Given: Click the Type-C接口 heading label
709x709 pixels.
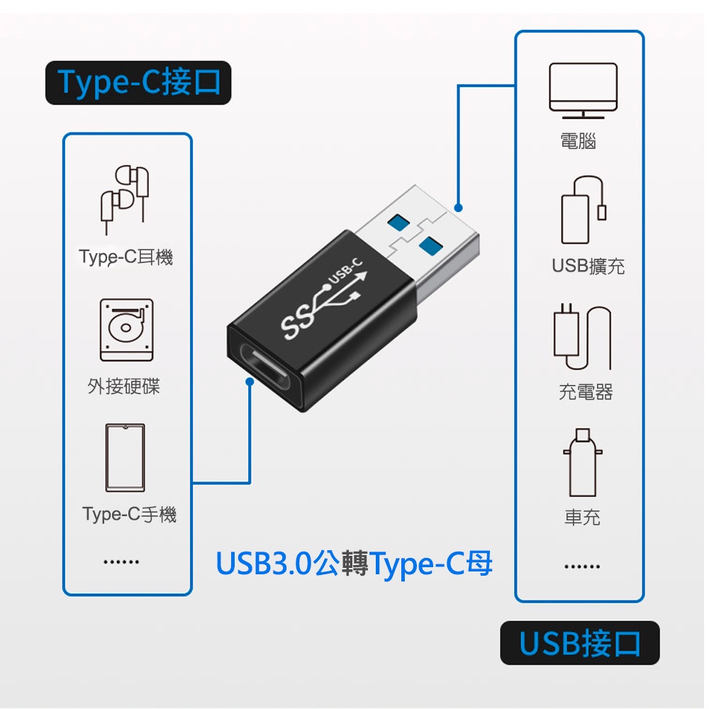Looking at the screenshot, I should tap(138, 83).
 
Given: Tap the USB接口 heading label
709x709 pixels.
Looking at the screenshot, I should tap(580, 643).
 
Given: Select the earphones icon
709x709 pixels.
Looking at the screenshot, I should tap(125, 199).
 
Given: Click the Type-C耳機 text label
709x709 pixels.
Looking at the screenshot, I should tap(126, 257).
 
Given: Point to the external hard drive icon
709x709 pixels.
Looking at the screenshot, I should tap(126, 330).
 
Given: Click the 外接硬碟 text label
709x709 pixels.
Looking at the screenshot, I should tap(124, 386).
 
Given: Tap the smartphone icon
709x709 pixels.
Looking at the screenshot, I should tap(125, 457).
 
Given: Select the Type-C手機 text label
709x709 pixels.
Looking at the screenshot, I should tap(129, 514).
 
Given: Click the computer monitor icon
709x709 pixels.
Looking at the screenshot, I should tap(583, 90).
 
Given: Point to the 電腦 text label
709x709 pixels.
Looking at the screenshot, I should tap(578, 141).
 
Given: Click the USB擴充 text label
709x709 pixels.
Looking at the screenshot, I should tap(588, 266).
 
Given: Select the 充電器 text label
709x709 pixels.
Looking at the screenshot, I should tap(586, 391).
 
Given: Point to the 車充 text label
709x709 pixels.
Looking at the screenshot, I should tap(582, 518).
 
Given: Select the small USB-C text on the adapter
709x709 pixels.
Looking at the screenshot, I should tap(346, 270).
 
